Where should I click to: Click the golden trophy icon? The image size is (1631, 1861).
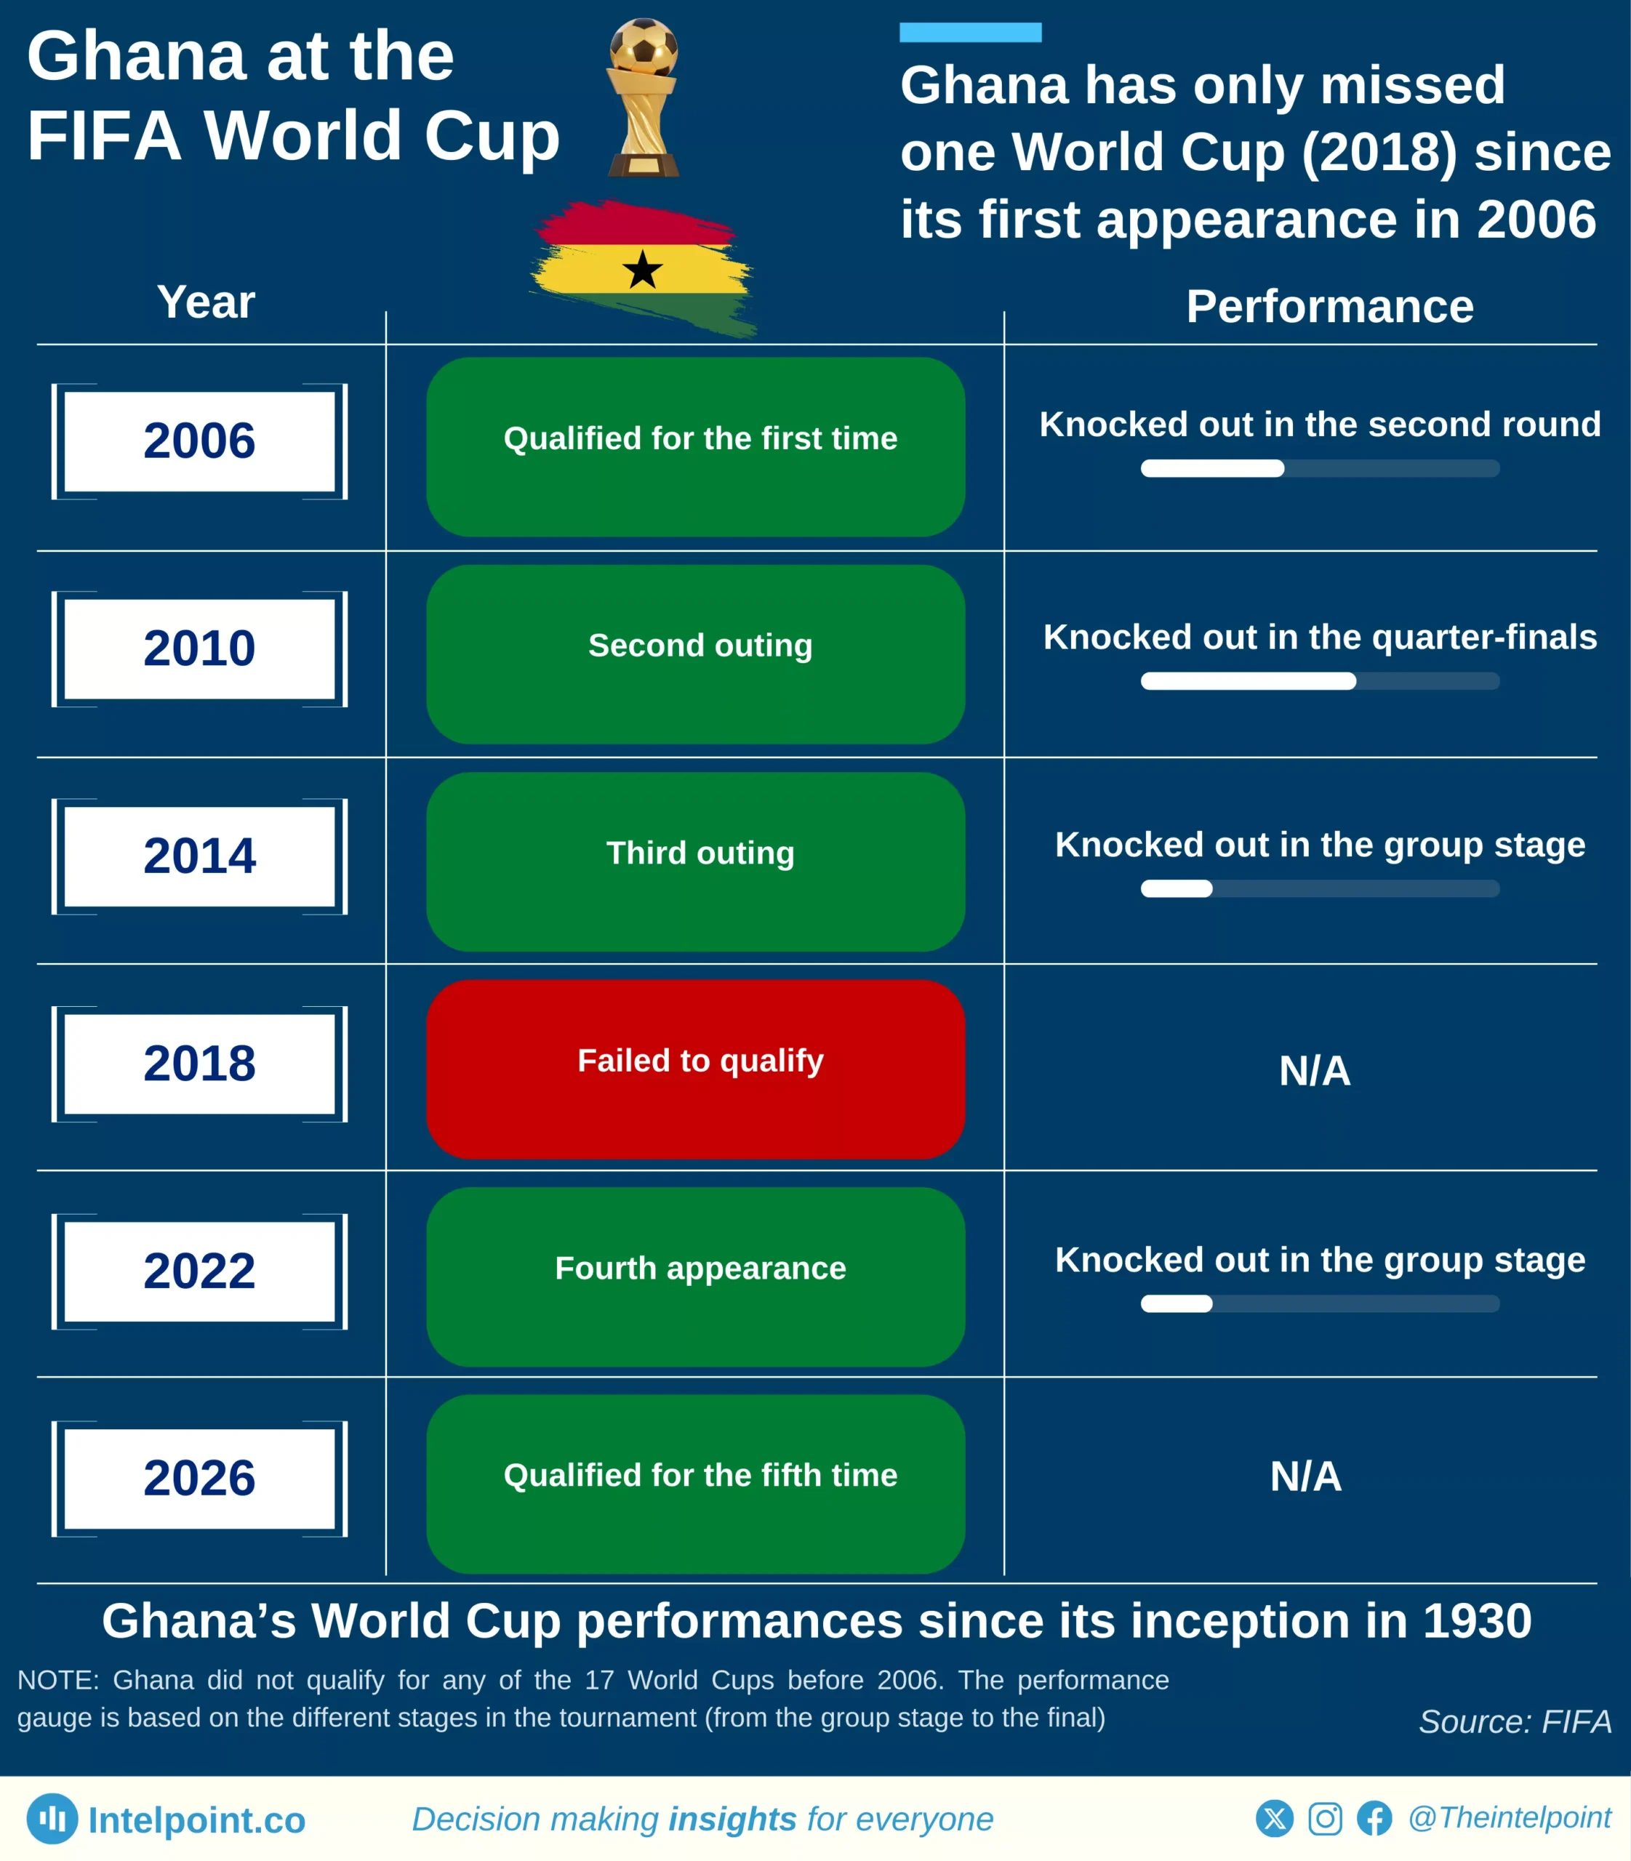pyautogui.click(x=643, y=97)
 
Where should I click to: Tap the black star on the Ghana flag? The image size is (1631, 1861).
pyautogui.click(x=643, y=270)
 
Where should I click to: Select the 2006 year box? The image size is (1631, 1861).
pyautogui.click(x=199, y=441)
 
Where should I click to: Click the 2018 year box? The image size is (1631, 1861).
pyautogui.click(x=199, y=1064)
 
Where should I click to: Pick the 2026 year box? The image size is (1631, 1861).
pyautogui.click(x=199, y=1479)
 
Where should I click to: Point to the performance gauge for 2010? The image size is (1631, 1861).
pyautogui.click(x=1320, y=680)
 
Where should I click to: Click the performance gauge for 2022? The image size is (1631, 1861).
pyautogui.click(x=1320, y=1303)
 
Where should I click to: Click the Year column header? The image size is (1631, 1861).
pyautogui.click(x=206, y=302)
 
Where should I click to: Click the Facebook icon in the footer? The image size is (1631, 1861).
pyautogui.click(x=1374, y=1818)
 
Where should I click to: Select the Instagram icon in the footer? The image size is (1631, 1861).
pyautogui.click(x=1324, y=1818)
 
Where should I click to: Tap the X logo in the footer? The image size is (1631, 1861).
pyautogui.click(x=1274, y=1818)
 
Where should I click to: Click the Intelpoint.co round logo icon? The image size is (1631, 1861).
pyautogui.click(x=52, y=1818)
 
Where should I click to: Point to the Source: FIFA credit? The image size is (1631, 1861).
pyautogui.click(x=1515, y=1721)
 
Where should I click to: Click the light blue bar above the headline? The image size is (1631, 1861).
pyautogui.click(x=970, y=33)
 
